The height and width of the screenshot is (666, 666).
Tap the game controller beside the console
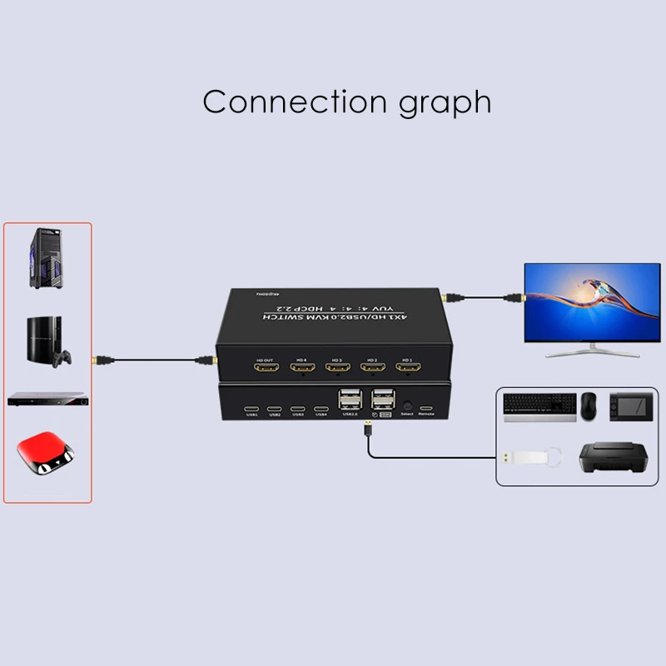pyautogui.click(x=62, y=360)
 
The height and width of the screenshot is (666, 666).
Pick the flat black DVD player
pyautogui.click(x=47, y=400)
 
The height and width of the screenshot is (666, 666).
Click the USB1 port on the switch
pyautogui.click(x=251, y=409)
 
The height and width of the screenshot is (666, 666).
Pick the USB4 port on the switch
pyautogui.click(x=321, y=409)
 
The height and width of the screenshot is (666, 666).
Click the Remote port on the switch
pyautogui.click(x=426, y=409)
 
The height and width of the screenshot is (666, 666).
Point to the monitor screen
pyautogui.click(x=591, y=302)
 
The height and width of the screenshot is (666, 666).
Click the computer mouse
pyautogui.click(x=589, y=404)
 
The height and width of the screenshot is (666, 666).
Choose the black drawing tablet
pyautogui.click(x=635, y=405)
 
